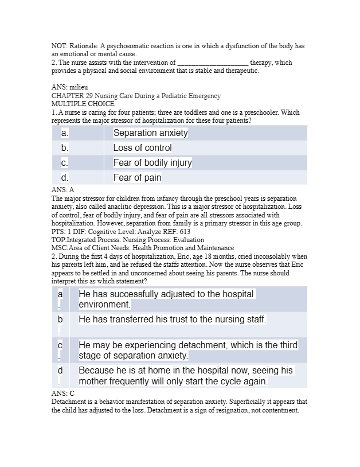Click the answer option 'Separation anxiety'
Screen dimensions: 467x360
tap(150, 133)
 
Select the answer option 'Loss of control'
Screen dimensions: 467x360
tap(142, 148)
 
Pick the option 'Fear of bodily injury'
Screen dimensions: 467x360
tap(152, 163)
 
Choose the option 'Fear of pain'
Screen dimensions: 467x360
tap(137, 178)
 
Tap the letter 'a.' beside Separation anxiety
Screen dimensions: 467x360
tap(65, 133)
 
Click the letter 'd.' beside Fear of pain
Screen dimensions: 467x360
tap(65, 178)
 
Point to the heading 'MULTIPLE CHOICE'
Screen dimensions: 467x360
tap(83, 104)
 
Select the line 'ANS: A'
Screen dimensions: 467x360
tap(63, 189)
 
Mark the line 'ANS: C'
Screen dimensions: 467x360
tap(63, 394)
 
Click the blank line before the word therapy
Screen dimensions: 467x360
tap(213, 63)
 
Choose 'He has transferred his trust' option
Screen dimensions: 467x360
tap(172, 319)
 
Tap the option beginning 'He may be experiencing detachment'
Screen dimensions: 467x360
tap(188, 350)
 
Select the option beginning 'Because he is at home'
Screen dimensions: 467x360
tap(186, 376)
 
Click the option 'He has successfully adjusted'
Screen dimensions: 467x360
tap(166, 299)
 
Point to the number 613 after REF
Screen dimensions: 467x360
tap(185, 232)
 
